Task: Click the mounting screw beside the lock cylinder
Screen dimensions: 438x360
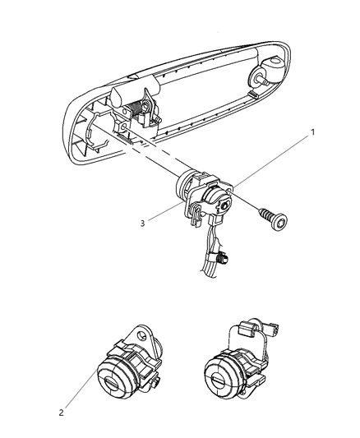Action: [x=247, y=218]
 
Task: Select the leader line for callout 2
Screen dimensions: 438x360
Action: [x=82, y=390]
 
